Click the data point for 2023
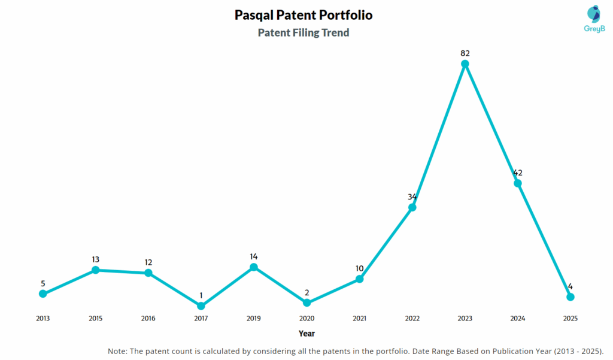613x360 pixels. coord(465,63)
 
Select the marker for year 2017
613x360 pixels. coord(201,306)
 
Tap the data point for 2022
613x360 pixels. coord(412,207)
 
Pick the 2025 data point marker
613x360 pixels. coord(570,297)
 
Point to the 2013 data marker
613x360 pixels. coord(43,294)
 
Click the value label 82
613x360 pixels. coord(465,53)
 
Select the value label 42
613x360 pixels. coord(518,173)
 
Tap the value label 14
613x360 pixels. coord(254,256)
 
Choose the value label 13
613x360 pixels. coord(95,259)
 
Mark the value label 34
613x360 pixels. coord(412,197)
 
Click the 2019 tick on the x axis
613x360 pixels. coord(254,319)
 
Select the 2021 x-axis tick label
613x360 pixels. coord(359,319)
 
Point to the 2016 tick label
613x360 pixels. coord(148,319)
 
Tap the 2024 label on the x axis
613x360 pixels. coord(518,319)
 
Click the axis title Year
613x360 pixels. coord(306,334)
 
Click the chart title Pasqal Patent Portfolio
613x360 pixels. coord(304,15)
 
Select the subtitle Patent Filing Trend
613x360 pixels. coord(304,33)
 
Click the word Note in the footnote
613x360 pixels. coord(117,351)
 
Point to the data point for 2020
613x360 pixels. coord(306,303)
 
